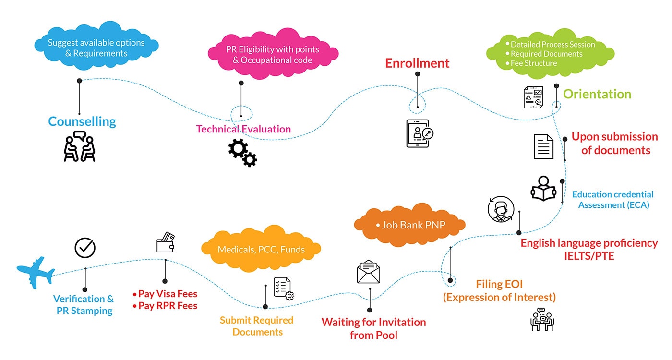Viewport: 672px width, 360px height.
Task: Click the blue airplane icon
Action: point(35,272)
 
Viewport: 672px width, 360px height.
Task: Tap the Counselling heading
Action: point(82,121)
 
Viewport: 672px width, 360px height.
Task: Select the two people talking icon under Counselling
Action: point(79,146)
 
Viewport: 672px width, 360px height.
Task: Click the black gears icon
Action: point(242,152)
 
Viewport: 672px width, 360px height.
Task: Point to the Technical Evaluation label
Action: point(243,129)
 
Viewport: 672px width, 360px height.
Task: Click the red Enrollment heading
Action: point(417,63)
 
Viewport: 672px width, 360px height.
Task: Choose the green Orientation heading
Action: point(597,94)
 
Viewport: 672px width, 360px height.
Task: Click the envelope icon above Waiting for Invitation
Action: point(369,272)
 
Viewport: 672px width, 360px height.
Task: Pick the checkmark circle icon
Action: point(85,248)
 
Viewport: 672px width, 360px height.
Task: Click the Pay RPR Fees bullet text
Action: point(168,305)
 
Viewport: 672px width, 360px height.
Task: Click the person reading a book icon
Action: point(543,188)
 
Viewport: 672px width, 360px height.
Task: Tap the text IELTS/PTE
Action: point(589,256)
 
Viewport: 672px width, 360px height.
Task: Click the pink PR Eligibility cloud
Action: point(272,55)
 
